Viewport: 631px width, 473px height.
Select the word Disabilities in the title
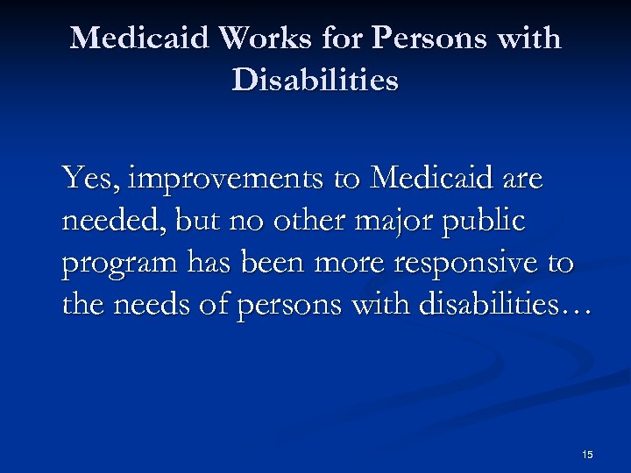[x=315, y=81]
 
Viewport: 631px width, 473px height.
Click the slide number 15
[x=586, y=454]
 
